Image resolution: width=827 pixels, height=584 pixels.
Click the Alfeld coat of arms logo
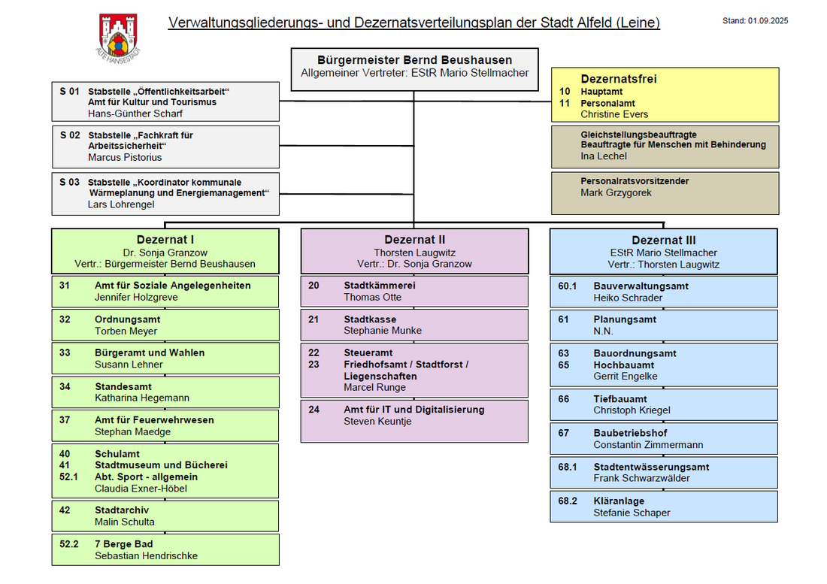point(118,38)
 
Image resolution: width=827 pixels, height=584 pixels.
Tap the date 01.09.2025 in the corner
point(768,21)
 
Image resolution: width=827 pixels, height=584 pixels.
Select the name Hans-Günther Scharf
point(135,113)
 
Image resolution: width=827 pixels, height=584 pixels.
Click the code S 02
point(69,135)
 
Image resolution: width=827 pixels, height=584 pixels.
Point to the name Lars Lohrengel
point(121,204)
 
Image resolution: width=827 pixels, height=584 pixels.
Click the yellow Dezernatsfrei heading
point(619,79)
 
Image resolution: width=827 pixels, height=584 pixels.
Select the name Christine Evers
point(614,114)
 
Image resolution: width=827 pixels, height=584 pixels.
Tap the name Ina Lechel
point(604,156)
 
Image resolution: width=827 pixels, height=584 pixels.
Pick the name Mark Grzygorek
point(616,193)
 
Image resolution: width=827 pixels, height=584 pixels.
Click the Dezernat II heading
point(415,241)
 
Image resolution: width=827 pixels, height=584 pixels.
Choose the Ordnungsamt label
point(127,319)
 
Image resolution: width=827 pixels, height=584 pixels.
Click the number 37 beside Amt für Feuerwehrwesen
point(65,420)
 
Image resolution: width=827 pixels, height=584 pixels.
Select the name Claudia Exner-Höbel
point(141,489)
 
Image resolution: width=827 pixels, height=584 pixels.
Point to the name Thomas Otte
point(373,298)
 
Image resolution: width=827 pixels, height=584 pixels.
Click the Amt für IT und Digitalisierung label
point(414,410)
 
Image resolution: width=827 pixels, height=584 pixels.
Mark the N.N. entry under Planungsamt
point(604,331)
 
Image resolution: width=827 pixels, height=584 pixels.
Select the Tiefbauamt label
point(620,399)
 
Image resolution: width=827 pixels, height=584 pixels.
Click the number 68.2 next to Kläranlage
point(568,501)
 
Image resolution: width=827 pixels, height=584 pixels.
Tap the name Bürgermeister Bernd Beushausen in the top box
point(414,60)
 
